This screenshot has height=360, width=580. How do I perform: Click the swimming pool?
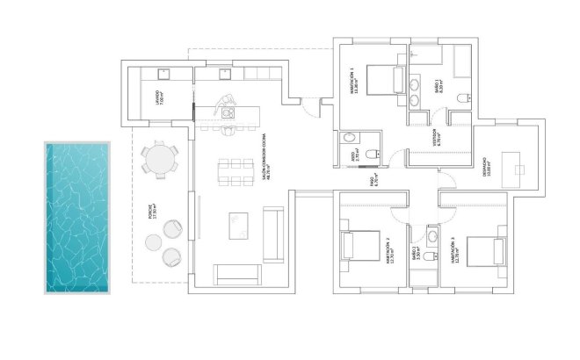click(x=75, y=217)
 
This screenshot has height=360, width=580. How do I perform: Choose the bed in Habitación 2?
click(x=362, y=245)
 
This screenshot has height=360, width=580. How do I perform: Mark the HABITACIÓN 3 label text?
click(x=453, y=253)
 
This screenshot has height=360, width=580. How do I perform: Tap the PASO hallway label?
click(x=371, y=184)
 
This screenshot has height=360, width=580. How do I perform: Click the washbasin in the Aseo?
click(x=349, y=138)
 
